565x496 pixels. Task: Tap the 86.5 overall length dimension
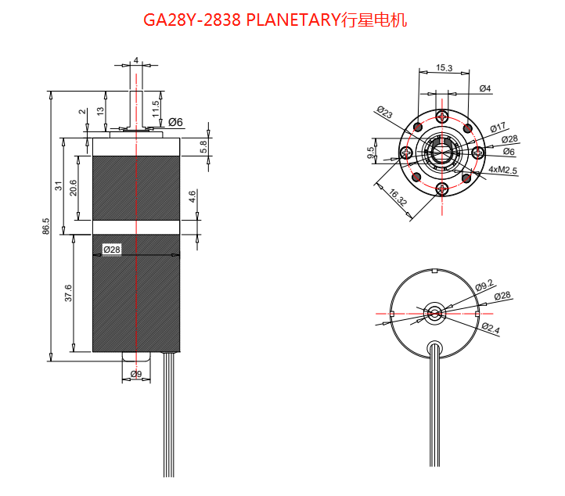[46, 226]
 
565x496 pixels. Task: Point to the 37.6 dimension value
[68, 293]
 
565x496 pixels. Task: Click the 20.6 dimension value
[72, 188]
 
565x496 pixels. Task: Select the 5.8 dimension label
[203, 146]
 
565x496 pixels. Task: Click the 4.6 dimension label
[193, 196]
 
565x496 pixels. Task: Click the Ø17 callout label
[498, 128]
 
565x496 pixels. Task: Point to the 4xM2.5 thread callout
[502, 170]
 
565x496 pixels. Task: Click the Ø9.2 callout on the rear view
[485, 286]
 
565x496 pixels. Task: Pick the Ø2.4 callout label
[491, 329]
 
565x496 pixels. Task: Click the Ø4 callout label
[484, 88]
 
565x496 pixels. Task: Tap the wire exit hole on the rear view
[434, 347]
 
